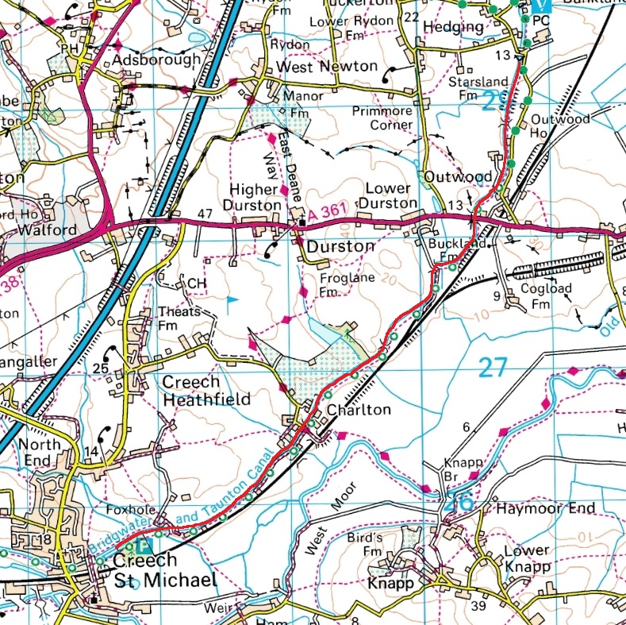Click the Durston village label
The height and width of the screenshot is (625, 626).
click(340, 246)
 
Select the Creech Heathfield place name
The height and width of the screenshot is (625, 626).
click(207, 390)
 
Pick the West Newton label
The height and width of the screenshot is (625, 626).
click(326, 66)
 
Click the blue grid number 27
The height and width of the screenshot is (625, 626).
click(493, 367)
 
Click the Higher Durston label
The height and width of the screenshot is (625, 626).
click(256, 197)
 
